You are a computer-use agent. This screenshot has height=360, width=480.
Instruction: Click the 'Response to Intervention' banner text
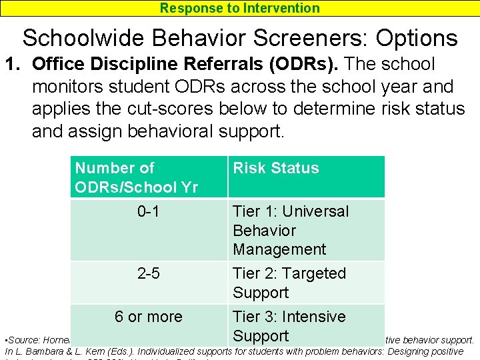point(239,8)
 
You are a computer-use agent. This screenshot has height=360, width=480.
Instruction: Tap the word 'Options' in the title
point(417,38)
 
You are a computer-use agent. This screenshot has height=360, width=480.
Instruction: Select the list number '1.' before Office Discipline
point(15,65)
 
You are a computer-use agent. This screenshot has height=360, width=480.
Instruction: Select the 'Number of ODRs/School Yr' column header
point(136,177)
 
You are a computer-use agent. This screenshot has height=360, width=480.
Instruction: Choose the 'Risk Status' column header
point(276,168)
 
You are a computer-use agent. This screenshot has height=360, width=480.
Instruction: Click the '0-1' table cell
point(148,211)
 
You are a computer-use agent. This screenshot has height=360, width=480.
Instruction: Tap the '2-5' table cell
point(148,273)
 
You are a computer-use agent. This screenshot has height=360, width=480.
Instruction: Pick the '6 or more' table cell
point(148,317)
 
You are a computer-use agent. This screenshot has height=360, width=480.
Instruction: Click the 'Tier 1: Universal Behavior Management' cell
point(291,230)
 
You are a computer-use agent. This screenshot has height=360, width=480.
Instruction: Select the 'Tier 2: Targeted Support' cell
point(289,283)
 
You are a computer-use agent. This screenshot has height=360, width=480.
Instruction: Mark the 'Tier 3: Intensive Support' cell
point(289,326)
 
